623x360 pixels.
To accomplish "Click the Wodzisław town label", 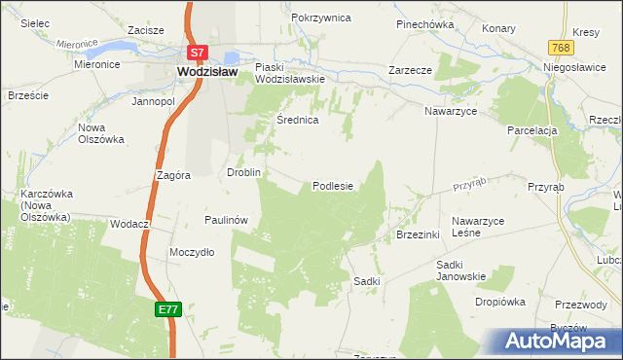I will (x=209, y=71).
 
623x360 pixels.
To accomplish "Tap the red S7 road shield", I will (x=197, y=54).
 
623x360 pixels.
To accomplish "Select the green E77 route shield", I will (x=167, y=308).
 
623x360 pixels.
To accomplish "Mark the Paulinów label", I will (x=227, y=221).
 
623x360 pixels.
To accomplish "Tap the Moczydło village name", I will (x=192, y=252).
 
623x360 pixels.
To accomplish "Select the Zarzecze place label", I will (x=410, y=71).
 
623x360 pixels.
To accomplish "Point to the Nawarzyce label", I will (x=450, y=112).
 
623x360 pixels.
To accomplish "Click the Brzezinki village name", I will (x=420, y=234).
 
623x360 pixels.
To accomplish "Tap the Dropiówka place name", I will (x=500, y=302).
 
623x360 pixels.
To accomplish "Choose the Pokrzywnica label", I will (x=318, y=18).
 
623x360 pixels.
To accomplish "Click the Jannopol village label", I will (x=153, y=101).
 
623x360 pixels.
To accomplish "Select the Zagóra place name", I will (x=171, y=176).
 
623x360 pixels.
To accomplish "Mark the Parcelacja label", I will (x=531, y=130).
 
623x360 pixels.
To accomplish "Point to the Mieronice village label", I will (x=96, y=64).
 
